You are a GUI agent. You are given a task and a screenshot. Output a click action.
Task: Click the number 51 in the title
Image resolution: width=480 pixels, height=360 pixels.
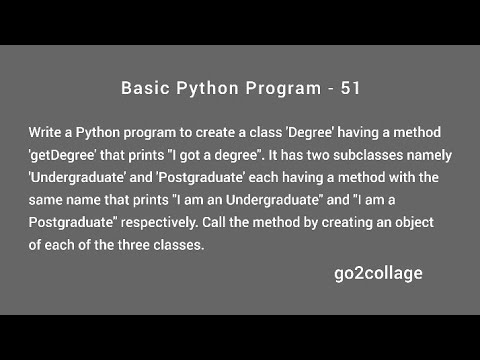click(348, 88)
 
